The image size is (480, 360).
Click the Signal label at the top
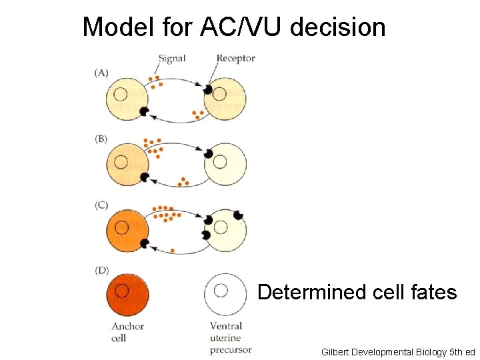[x=173, y=59]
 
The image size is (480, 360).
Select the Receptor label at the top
[x=235, y=59]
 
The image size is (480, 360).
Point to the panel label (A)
[x=101, y=73]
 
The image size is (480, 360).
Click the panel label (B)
[x=101, y=139]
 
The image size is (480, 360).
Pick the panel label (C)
[x=101, y=205]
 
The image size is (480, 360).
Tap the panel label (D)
[x=101, y=271]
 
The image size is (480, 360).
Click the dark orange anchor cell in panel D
[x=127, y=294]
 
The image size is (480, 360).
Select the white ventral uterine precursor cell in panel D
[x=225, y=294]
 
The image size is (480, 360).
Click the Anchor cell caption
[x=127, y=331]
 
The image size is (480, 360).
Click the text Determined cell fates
[x=357, y=293]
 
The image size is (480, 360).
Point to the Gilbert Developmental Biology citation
[x=397, y=351]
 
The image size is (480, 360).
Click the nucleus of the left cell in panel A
[x=121, y=95]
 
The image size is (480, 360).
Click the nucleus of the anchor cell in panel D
[x=122, y=290]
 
